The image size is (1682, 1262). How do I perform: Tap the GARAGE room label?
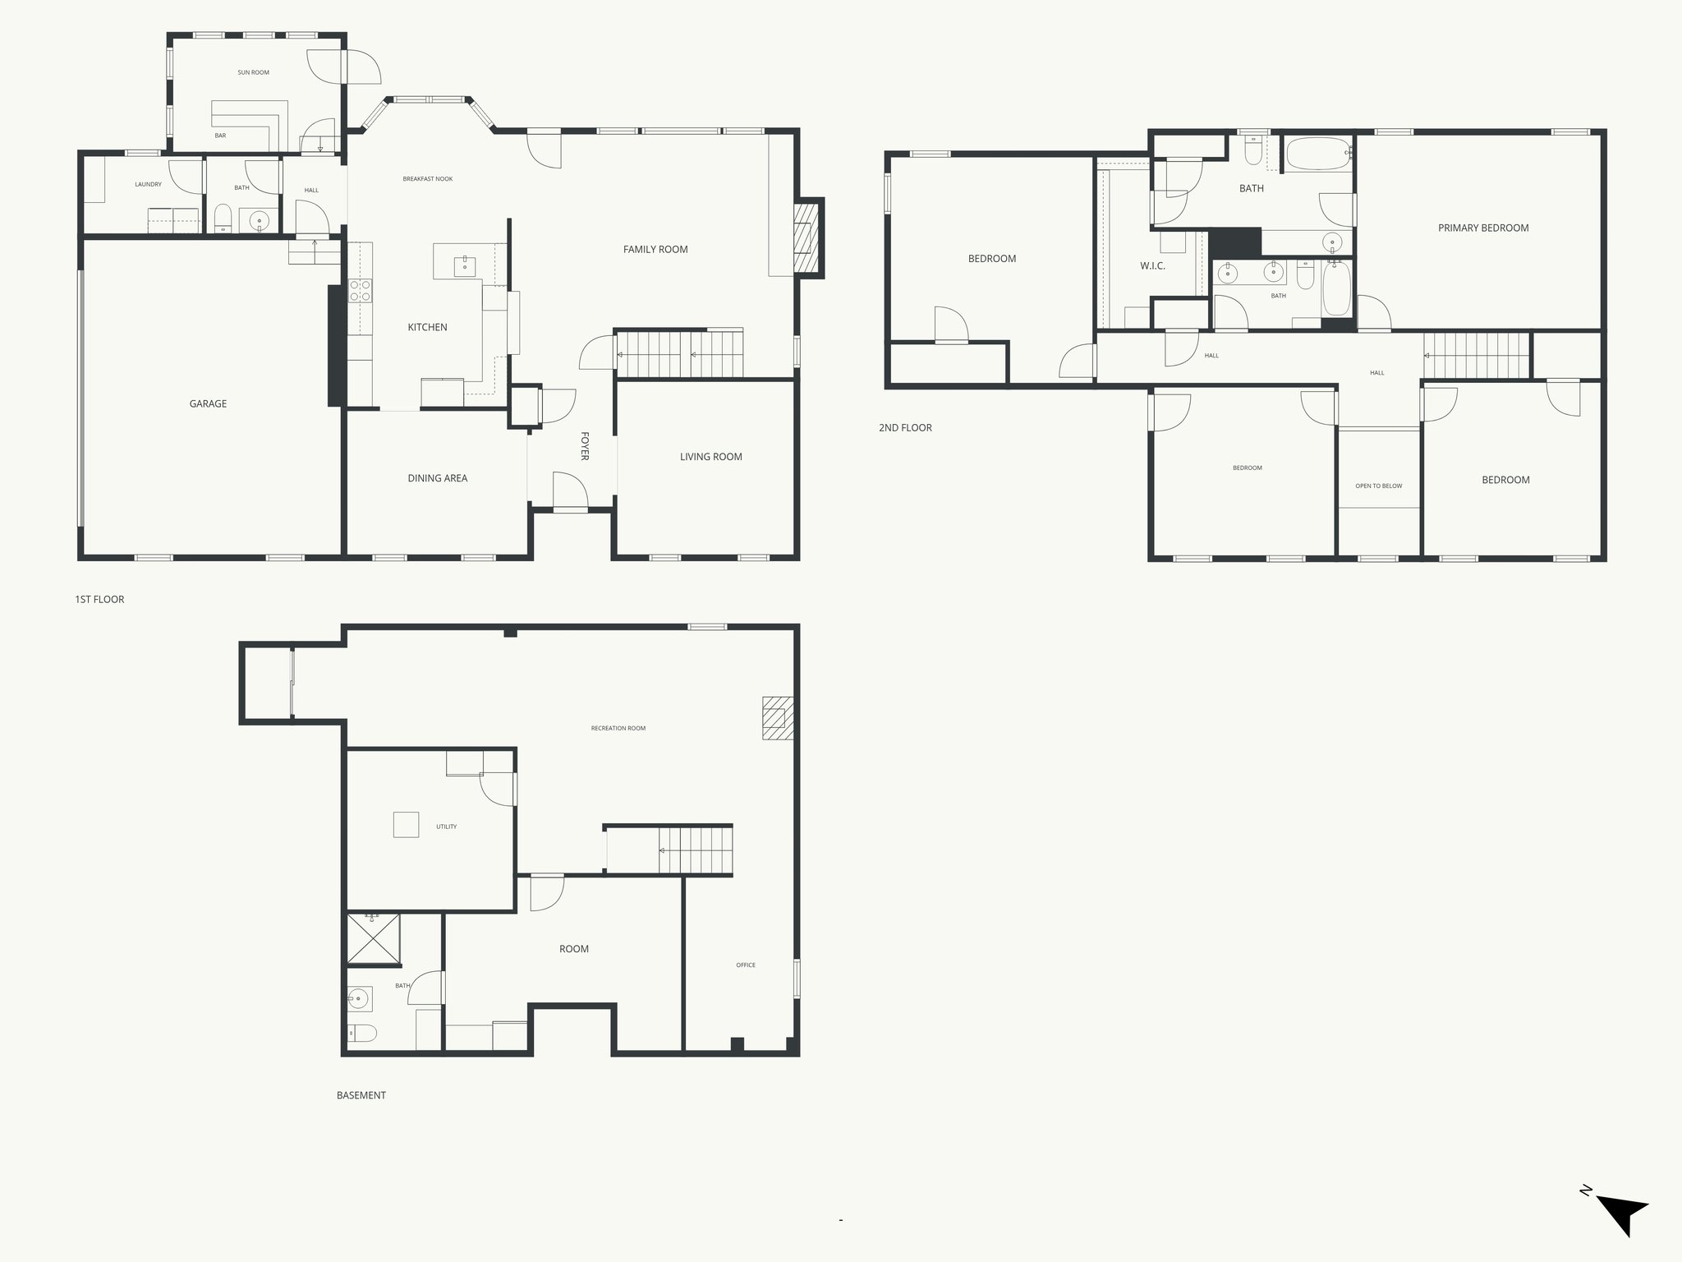pyautogui.click(x=208, y=403)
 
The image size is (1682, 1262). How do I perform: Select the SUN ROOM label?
pyautogui.click(x=254, y=72)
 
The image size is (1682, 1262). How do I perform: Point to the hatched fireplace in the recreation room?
pyautogui.click(x=777, y=718)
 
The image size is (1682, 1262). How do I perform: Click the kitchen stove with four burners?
pyautogui.click(x=360, y=290)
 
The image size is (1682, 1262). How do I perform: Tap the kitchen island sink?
pyautogui.click(x=465, y=265)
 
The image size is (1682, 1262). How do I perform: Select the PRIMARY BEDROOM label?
pyautogui.click(x=1483, y=228)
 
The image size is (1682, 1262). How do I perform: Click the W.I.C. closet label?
pyautogui.click(x=1152, y=266)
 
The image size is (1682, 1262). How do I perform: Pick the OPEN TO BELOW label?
pyautogui.click(x=1379, y=486)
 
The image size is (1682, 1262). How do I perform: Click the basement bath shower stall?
pyautogui.click(x=374, y=938)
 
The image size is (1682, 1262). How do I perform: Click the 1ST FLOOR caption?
pyautogui.click(x=99, y=600)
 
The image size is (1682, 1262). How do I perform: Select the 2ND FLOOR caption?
pyautogui.click(x=905, y=428)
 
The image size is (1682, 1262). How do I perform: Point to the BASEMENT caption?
pyautogui.click(x=361, y=1095)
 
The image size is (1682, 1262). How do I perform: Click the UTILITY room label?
pyautogui.click(x=446, y=827)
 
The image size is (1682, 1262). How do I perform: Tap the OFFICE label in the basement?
pyautogui.click(x=746, y=965)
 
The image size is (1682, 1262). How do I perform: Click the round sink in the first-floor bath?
pyautogui.click(x=260, y=220)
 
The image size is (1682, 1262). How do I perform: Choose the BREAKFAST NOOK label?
pyautogui.click(x=428, y=179)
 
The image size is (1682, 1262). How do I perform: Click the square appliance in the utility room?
pyautogui.click(x=406, y=824)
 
